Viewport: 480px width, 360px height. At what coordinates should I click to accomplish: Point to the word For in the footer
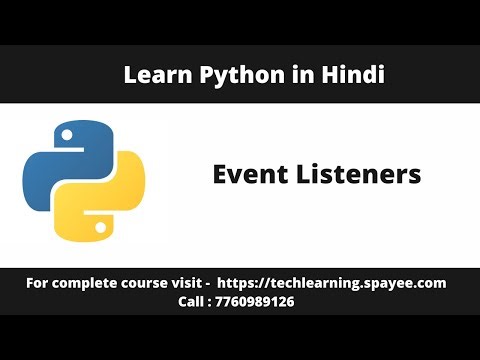tap(38, 284)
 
